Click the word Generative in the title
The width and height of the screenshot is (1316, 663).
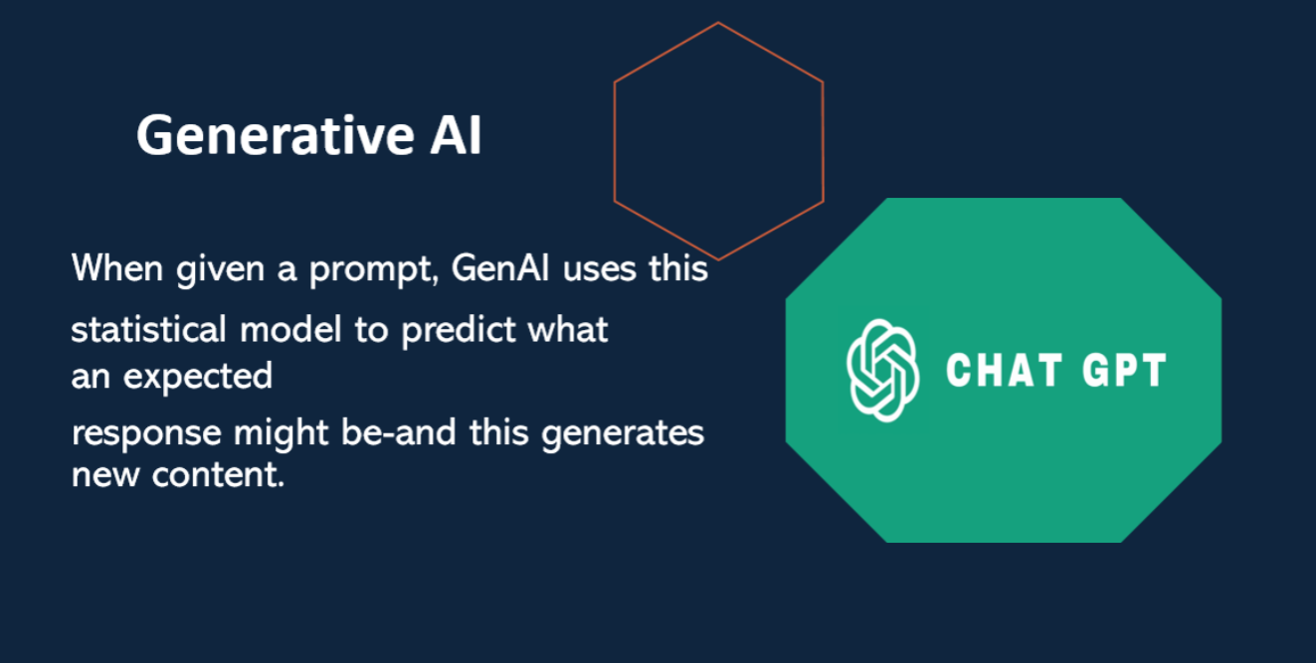click(276, 135)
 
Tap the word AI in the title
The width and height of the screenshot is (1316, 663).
click(456, 135)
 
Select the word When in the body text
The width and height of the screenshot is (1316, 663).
click(117, 267)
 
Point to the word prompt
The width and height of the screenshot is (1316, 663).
click(374, 270)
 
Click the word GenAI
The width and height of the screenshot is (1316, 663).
click(500, 267)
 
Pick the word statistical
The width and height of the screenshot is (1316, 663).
click(148, 329)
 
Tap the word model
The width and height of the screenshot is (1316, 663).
click(290, 329)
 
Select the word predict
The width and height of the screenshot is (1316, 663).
click(458, 331)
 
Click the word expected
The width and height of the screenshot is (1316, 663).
click(198, 377)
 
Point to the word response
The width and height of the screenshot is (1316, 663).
click(146, 434)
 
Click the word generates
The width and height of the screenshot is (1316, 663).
click(622, 434)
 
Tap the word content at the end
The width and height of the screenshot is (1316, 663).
click(219, 475)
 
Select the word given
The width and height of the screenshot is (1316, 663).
click(220, 270)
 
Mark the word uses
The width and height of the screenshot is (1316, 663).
click(599, 270)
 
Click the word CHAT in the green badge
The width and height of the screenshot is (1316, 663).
click(1004, 370)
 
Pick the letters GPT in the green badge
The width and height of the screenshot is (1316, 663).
click(1124, 370)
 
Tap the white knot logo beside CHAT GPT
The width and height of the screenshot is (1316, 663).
click(883, 370)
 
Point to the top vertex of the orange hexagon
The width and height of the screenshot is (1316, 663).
click(718, 23)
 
